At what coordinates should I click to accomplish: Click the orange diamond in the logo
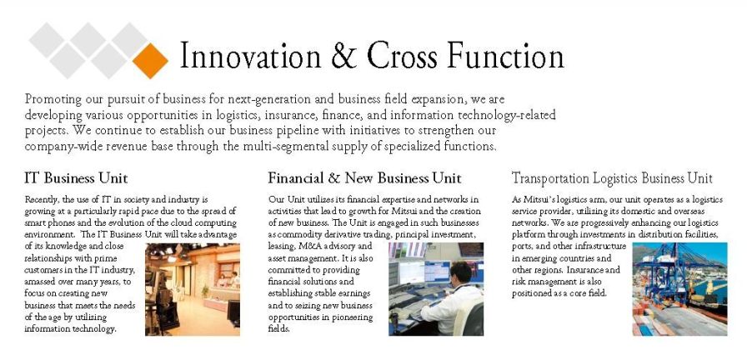pyautogui.click(x=150, y=61)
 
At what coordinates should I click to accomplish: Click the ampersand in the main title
pyautogui.click(x=344, y=55)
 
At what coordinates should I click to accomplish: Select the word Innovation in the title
pyautogui.click(x=251, y=55)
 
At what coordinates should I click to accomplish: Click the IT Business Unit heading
pyautogui.click(x=76, y=178)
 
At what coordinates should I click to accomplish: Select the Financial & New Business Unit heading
pyautogui.click(x=364, y=178)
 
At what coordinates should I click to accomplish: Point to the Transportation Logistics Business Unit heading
pyautogui.click(x=612, y=178)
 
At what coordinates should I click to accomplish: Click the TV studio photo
pyautogui.click(x=193, y=289)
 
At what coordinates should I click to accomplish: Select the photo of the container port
pyautogui.click(x=679, y=289)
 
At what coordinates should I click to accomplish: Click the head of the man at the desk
pyautogui.click(x=461, y=272)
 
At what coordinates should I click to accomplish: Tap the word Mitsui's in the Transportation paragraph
pyautogui.click(x=539, y=199)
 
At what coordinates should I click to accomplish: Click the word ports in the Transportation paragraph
pyautogui.click(x=523, y=247)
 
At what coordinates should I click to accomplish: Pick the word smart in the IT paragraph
pyautogui.click(x=35, y=222)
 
